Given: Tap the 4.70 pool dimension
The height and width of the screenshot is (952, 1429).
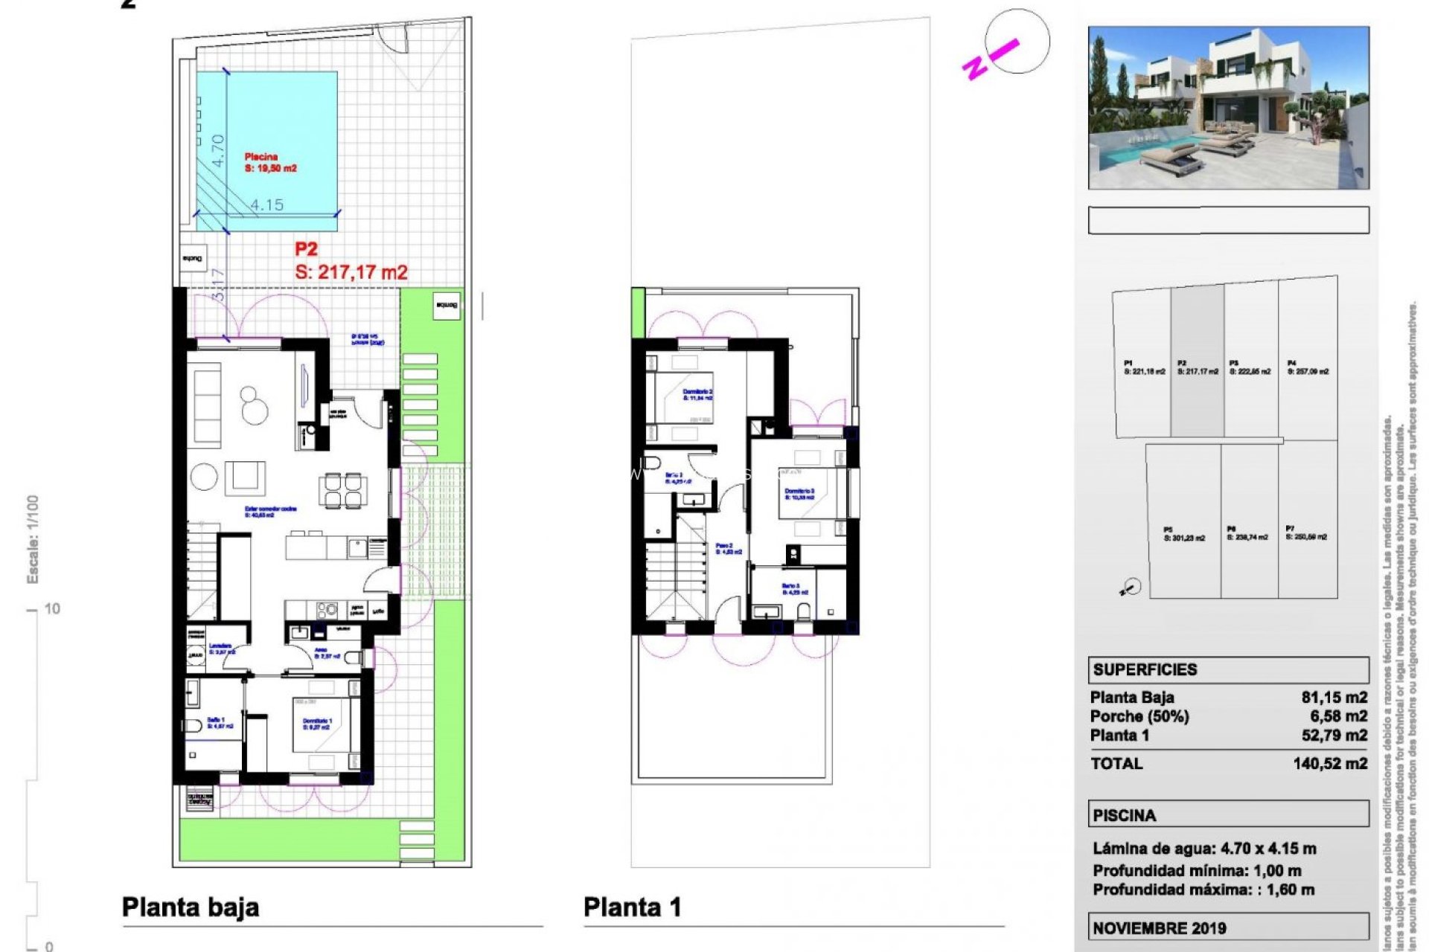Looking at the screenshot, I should click(217, 149).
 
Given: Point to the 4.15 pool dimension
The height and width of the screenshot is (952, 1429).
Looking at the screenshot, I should click(266, 205).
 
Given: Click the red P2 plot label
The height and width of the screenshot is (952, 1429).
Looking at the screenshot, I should click(306, 249).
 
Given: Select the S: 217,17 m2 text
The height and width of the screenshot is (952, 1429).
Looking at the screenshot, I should click(351, 272).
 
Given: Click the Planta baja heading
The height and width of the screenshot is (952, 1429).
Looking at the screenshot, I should click(191, 907).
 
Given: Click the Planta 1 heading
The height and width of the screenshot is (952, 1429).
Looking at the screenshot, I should click(632, 907).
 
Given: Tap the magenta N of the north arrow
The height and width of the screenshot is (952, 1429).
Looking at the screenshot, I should click(974, 68).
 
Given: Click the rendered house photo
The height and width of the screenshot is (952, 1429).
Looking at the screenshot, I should click(1228, 108).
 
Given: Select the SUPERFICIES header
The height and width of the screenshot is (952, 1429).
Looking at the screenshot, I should click(1145, 669).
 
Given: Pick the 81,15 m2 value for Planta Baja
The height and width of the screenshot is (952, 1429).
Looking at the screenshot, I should click(1334, 697).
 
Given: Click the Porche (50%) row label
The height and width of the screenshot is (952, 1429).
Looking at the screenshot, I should click(1139, 716).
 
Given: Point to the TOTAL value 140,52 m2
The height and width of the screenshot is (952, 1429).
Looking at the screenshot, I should click(1330, 763).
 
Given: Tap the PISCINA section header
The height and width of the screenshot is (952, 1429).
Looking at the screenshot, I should click(1124, 815).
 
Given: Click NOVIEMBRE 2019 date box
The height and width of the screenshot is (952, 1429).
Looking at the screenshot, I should click(1159, 927).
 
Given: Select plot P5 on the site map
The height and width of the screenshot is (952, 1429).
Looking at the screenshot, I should click(1183, 534).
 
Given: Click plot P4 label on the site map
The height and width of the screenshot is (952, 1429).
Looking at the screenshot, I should click(1307, 367).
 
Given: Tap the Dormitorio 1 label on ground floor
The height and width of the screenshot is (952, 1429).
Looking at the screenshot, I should click(317, 723).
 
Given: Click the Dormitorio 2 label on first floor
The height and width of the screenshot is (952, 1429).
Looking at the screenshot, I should click(697, 394).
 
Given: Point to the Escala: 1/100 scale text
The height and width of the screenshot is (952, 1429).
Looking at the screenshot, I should click(33, 539).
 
